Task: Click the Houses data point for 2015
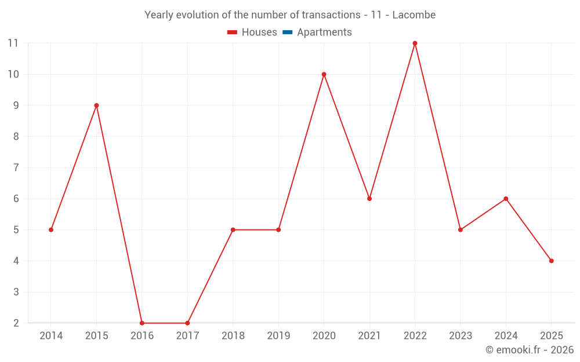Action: pyautogui.click(x=96, y=105)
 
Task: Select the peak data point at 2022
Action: pyautogui.click(x=415, y=43)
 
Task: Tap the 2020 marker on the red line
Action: pyautogui.click(x=324, y=74)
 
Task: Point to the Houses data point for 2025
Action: pyautogui.click(x=551, y=261)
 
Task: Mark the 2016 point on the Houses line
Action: pyautogui.click(x=142, y=323)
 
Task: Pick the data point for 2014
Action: pyautogui.click(x=51, y=230)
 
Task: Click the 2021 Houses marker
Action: pyautogui.click(x=369, y=199)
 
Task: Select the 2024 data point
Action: pyautogui.click(x=506, y=199)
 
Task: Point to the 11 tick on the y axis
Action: pyautogui.click(x=13, y=43)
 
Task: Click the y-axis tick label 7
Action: pyautogui.click(x=16, y=168)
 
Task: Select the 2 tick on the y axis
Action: pyautogui.click(x=16, y=323)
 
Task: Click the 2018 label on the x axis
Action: pyautogui.click(x=233, y=336)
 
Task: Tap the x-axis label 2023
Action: pyautogui.click(x=461, y=336)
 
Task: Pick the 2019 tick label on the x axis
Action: pyautogui.click(x=278, y=336)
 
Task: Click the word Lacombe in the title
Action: pyautogui.click(x=414, y=15)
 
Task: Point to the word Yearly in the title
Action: pyautogui.click(x=158, y=15)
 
